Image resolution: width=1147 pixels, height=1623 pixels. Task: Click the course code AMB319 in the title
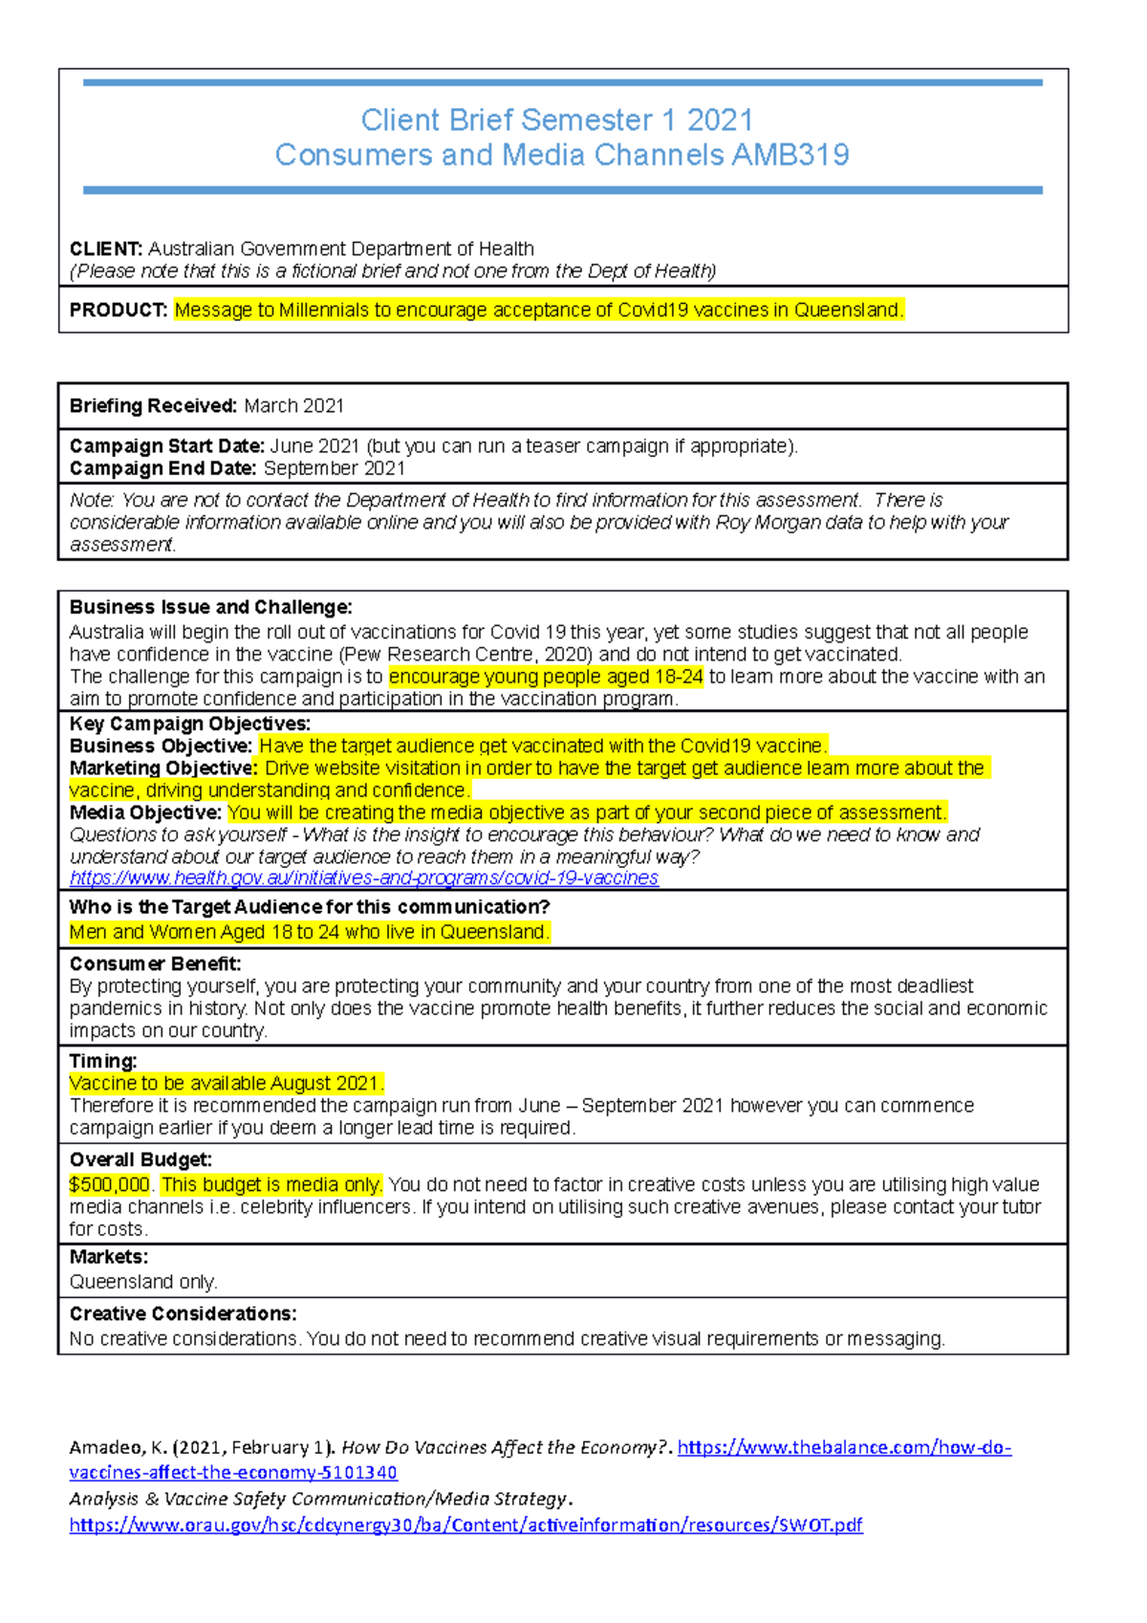790,155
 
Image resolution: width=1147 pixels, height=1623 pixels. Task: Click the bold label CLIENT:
106,249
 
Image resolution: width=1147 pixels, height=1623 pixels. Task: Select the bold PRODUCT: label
119,310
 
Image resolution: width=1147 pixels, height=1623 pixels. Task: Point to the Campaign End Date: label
162,468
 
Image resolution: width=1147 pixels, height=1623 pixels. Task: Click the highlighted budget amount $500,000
110,1184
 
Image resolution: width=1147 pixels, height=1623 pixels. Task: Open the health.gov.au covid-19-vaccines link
363,877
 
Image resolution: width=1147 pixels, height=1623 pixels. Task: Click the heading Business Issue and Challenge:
210,607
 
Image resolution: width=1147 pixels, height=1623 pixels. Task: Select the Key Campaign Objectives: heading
190,724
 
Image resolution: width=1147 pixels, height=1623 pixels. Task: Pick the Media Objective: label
145,812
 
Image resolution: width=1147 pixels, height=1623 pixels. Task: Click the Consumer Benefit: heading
155,963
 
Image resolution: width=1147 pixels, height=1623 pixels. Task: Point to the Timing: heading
103,1061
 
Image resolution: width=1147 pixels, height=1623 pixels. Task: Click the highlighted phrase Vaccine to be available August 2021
227,1083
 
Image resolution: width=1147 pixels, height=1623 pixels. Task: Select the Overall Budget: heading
141,1159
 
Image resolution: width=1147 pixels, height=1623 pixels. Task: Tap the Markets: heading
109,1256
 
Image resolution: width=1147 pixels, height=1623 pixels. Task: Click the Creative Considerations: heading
183,1313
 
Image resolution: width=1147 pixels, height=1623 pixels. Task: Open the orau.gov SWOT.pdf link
465,1525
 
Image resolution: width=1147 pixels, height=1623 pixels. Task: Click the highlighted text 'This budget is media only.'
271,1184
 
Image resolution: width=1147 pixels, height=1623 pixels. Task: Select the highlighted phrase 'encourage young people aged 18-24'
546,676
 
